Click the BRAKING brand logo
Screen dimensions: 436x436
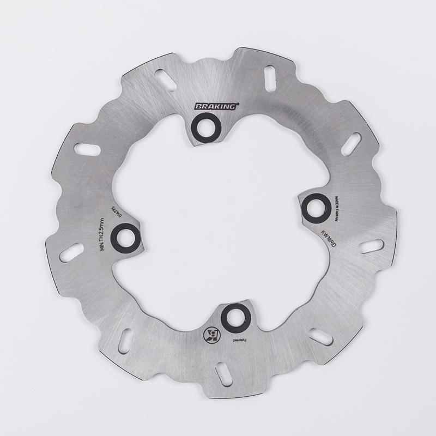tap(216, 106)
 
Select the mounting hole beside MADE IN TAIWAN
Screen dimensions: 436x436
tap(316, 207)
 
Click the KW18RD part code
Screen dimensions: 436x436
tap(329, 238)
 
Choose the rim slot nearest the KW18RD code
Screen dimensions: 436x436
tap(371, 246)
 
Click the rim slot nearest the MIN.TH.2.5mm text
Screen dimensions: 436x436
tap(71, 252)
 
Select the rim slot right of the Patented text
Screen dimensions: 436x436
tap(320, 337)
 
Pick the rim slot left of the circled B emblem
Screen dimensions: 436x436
tap(125, 341)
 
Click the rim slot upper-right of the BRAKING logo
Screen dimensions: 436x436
tap(270, 77)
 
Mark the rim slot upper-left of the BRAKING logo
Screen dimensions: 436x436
tap(166, 80)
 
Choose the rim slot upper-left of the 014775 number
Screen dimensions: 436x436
tap(87, 149)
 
